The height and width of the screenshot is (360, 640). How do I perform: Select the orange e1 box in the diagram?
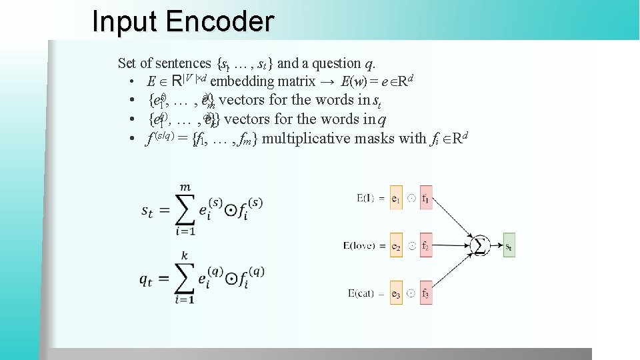[396, 198]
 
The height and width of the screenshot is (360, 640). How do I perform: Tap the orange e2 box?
[396, 246]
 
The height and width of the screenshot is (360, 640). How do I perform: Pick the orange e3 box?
[396, 294]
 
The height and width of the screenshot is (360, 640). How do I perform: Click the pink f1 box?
[426, 198]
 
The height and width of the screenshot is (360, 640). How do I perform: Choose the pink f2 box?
[426, 246]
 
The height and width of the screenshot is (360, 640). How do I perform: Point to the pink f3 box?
[426, 294]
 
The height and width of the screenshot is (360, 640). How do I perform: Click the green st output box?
[509, 246]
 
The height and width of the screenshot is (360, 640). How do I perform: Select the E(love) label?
[361, 246]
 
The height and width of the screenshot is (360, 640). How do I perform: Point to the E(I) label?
[369, 198]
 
